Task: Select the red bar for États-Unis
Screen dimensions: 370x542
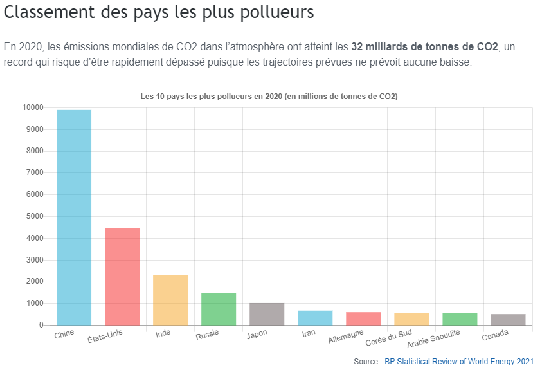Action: click(x=122, y=277)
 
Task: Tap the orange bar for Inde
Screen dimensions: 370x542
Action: click(x=170, y=300)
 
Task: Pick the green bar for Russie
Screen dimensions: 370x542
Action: click(x=219, y=309)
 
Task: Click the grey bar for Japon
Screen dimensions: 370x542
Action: click(x=267, y=314)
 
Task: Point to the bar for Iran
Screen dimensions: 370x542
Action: click(x=315, y=318)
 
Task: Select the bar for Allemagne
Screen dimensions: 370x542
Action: click(x=363, y=319)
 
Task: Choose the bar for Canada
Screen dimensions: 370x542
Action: click(x=508, y=320)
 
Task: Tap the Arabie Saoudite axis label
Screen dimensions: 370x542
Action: click(x=434, y=339)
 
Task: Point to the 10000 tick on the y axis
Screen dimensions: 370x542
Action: click(x=32, y=107)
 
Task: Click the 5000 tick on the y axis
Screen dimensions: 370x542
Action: click(x=34, y=216)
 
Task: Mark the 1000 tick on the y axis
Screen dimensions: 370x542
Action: click(x=34, y=303)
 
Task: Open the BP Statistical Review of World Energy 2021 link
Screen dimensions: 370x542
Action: click(x=459, y=362)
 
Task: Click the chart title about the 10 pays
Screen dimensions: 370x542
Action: click(x=269, y=97)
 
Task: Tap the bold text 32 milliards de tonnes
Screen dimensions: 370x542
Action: click(x=424, y=47)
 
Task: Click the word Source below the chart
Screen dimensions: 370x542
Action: click(x=365, y=362)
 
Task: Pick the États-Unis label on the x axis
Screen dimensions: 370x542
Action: click(x=105, y=335)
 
